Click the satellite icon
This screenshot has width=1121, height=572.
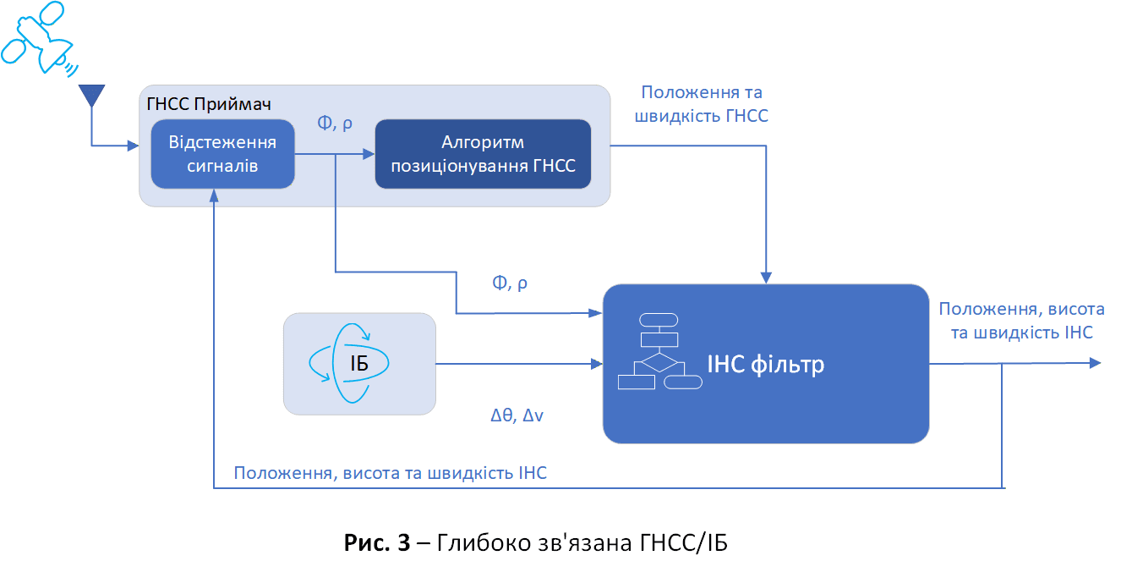[x=39, y=38]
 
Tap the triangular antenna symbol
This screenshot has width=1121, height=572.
[x=91, y=95]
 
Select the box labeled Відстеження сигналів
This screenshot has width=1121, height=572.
[x=222, y=154]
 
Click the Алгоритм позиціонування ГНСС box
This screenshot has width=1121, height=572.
[x=483, y=154]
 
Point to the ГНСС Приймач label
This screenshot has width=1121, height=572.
[x=209, y=104]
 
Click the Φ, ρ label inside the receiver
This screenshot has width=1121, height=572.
[x=335, y=123]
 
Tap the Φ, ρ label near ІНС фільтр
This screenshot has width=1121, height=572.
[x=510, y=283]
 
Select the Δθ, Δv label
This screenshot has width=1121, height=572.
[x=517, y=415]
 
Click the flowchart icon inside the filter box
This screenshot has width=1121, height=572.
[x=659, y=351]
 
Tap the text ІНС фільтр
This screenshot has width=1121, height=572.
[x=765, y=364]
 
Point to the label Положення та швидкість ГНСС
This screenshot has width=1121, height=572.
[x=701, y=104]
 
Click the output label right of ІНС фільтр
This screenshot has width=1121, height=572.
[x=1021, y=321]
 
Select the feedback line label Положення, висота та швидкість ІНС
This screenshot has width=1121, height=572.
[x=391, y=473]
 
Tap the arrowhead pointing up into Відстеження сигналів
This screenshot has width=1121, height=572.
[x=214, y=195]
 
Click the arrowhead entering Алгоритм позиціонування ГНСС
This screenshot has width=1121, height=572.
[x=369, y=154]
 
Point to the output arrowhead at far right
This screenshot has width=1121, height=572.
[x=1095, y=363]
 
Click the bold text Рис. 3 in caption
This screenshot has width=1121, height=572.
[x=377, y=542]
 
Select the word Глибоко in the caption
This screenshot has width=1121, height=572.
[x=485, y=542]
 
